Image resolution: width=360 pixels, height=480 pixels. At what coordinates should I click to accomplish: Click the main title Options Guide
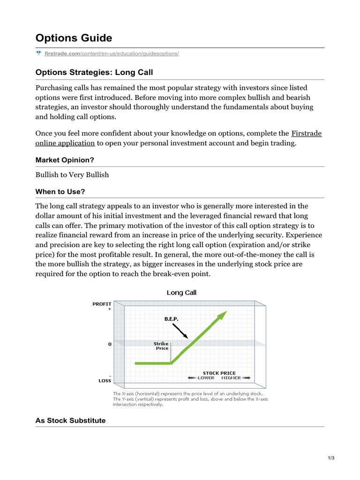(x=74, y=38)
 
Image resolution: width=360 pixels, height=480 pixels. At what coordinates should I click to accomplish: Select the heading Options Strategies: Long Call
(x=94, y=72)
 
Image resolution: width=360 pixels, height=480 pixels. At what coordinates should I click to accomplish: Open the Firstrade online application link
(x=65, y=143)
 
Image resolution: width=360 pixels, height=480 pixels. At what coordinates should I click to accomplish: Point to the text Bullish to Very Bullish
(x=72, y=175)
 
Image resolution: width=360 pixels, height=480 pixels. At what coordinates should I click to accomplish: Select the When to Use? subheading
(x=60, y=192)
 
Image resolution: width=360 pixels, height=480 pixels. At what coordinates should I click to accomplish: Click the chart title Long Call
(x=182, y=292)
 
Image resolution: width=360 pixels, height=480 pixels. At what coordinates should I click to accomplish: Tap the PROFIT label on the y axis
(x=102, y=304)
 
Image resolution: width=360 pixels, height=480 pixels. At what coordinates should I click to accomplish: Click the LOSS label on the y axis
(x=105, y=381)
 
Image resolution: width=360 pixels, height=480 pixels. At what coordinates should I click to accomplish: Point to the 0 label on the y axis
(x=110, y=344)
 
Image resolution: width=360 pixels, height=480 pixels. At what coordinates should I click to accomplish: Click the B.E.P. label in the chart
(x=171, y=318)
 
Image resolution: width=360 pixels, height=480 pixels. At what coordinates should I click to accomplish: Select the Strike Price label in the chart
(x=162, y=346)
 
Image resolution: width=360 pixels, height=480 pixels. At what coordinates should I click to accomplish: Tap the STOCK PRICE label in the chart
(x=219, y=373)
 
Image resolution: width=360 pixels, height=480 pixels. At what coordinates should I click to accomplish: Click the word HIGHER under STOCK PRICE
(x=231, y=378)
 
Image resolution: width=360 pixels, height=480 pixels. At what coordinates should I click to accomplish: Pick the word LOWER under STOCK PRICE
(x=206, y=378)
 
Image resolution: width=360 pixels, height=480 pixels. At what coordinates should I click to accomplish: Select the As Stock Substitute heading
(x=70, y=420)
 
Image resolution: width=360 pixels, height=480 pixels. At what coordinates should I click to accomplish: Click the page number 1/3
(x=330, y=458)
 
